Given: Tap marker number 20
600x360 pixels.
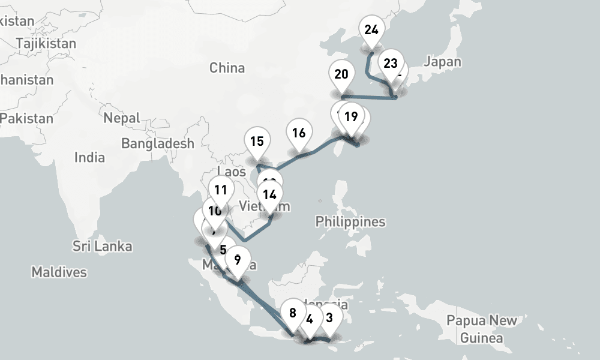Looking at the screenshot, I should point(341,74).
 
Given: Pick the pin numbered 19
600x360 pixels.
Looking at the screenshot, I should point(351,116).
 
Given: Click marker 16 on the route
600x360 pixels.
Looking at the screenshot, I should point(299,133).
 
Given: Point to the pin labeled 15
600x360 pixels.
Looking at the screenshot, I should point(257,142).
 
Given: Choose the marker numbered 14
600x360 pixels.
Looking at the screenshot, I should point(269,194).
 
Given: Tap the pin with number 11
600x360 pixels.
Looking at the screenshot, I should point(221,191).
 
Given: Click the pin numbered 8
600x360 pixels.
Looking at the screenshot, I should point(293,313).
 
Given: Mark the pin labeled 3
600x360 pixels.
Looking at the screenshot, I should point(329,316).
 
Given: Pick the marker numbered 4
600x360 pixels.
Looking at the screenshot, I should point(310,319).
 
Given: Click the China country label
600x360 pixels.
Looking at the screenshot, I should point(227,68).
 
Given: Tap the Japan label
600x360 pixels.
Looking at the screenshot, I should point(442,61).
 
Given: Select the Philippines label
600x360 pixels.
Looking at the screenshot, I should point(350,221).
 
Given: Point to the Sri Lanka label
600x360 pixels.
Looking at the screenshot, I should point(102,246).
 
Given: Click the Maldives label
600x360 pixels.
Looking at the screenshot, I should point(59,272).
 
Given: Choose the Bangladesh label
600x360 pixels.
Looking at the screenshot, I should point(158,143).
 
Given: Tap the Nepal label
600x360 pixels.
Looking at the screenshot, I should point(121,118).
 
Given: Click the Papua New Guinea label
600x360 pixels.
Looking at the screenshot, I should point(481,329).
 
